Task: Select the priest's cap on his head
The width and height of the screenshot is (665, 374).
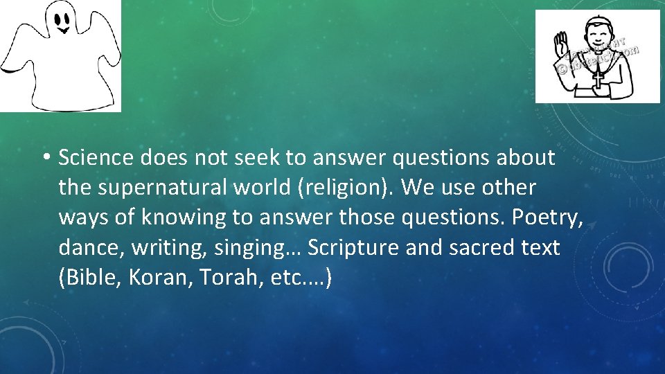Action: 596,21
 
